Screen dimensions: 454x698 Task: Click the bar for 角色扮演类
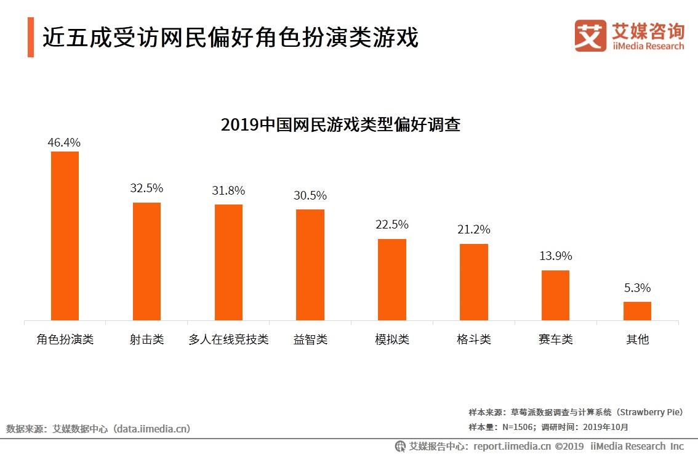click(65, 236)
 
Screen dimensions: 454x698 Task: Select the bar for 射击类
click(146, 261)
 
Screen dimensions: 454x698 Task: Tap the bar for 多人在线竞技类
click(228, 262)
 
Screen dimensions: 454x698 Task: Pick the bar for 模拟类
click(391, 280)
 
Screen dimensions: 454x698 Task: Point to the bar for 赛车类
click(555, 295)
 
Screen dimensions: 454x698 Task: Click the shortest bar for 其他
click(637, 311)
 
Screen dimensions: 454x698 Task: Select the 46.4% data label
click(65, 142)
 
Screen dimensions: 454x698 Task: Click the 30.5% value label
click(310, 196)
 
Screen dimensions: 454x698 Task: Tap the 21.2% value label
click(473, 230)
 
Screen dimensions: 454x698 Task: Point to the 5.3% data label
click(637, 288)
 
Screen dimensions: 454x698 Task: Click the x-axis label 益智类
click(310, 339)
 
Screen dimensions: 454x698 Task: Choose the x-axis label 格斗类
click(473, 339)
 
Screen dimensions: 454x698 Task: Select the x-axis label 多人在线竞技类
click(228, 339)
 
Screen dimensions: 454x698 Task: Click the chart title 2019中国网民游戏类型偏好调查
click(340, 125)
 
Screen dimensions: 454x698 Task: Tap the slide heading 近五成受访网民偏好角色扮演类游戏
click(230, 38)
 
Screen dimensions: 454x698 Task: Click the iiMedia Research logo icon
click(590, 36)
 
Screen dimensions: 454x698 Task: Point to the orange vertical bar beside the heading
click(31, 38)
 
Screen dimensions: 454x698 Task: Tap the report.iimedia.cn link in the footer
click(511, 446)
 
